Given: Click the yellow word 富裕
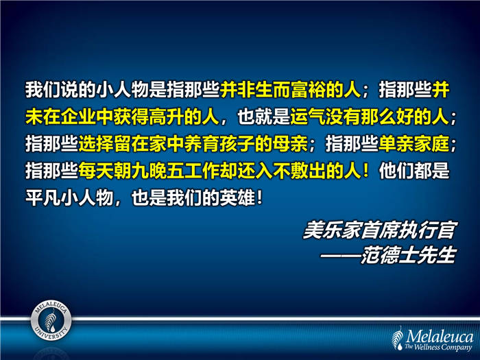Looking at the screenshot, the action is (308, 90).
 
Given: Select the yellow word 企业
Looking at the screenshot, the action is (78, 117).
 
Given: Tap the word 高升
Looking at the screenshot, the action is (166, 117).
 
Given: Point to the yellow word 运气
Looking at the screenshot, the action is (308, 117).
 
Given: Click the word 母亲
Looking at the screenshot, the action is (290, 143).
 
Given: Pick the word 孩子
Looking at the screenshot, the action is (237, 143).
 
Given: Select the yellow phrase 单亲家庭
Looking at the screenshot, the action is (413, 143).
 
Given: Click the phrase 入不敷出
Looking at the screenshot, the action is (290, 171).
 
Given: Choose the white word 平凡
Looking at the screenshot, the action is (43, 197).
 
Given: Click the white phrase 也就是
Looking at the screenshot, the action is (263, 117).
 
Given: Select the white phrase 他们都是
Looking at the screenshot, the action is (413, 171).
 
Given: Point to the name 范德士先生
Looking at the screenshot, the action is (408, 254).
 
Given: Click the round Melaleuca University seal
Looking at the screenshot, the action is (51, 320).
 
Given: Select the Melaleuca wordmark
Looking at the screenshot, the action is (440, 336).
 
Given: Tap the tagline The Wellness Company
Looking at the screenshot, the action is (438, 347).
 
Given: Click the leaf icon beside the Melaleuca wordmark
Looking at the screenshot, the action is (398, 338).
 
